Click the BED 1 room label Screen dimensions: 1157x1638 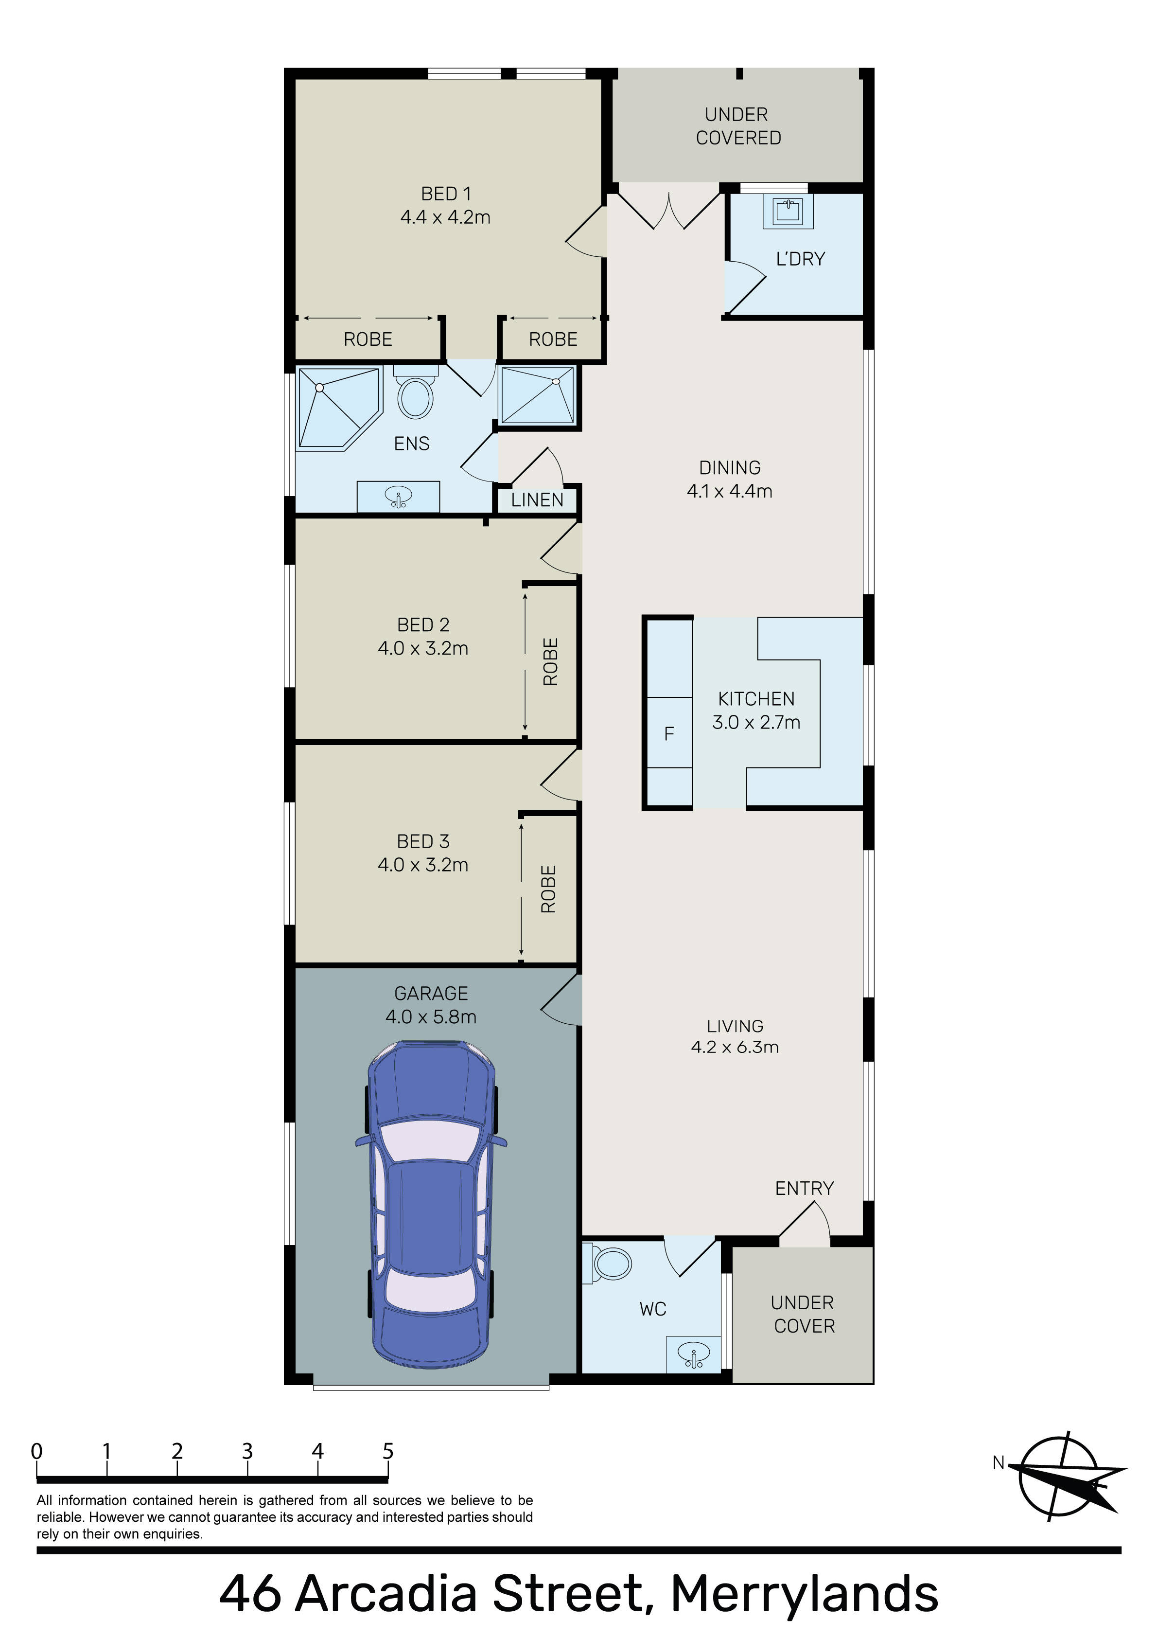(446, 194)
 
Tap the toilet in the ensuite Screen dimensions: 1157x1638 (415, 392)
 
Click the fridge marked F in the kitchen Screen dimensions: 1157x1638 (669, 733)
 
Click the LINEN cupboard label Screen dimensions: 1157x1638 (537, 500)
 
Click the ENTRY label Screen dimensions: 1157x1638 (805, 1189)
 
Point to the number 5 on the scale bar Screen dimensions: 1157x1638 (388, 1451)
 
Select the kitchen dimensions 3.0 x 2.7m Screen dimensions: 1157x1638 (756, 722)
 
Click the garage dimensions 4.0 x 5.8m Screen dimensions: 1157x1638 (431, 1016)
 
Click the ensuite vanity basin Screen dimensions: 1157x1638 (398, 497)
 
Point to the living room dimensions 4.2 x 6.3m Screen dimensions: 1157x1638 (735, 1047)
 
